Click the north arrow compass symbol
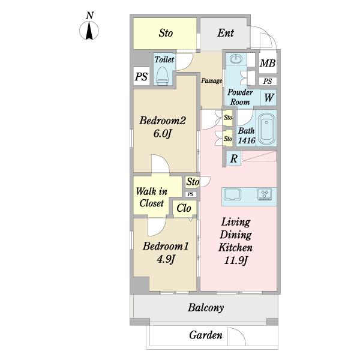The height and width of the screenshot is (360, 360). [x=89, y=31]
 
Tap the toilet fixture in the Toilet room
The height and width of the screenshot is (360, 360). [x=163, y=76]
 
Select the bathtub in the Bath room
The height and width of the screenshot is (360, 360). [x=266, y=128]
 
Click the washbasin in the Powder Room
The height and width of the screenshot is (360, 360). [x=236, y=59]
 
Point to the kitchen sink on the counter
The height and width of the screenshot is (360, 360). [x=232, y=194]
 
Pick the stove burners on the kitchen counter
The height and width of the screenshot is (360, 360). [x=265, y=194]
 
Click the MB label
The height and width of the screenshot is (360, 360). [x=268, y=63]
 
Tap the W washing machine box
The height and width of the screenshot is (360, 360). [x=269, y=98]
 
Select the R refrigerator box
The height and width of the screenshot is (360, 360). [x=233, y=158]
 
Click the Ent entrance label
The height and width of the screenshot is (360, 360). [x=226, y=33]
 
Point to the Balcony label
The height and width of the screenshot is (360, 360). [x=206, y=308]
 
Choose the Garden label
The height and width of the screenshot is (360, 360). [x=206, y=335]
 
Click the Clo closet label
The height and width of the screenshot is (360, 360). [x=184, y=208]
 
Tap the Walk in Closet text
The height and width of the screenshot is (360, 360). [x=152, y=197]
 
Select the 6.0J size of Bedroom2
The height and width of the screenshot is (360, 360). [x=163, y=134]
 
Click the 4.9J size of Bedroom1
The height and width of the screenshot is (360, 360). [x=166, y=259]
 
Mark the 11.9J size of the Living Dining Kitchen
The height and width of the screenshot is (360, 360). [x=236, y=260]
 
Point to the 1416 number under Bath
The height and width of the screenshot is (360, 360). [x=247, y=140]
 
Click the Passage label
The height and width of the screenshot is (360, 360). [x=211, y=81]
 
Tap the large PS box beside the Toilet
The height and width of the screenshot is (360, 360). [x=142, y=76]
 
